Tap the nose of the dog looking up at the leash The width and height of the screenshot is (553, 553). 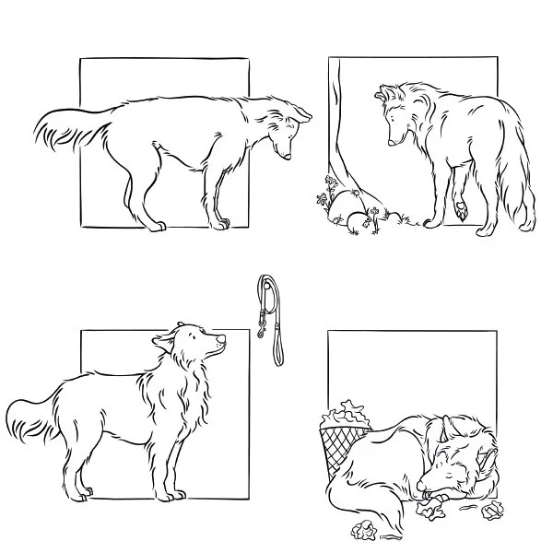click(221, 341)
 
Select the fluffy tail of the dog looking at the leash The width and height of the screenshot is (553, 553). click(32, 421)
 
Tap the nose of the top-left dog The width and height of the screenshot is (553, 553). click(288, 157)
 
